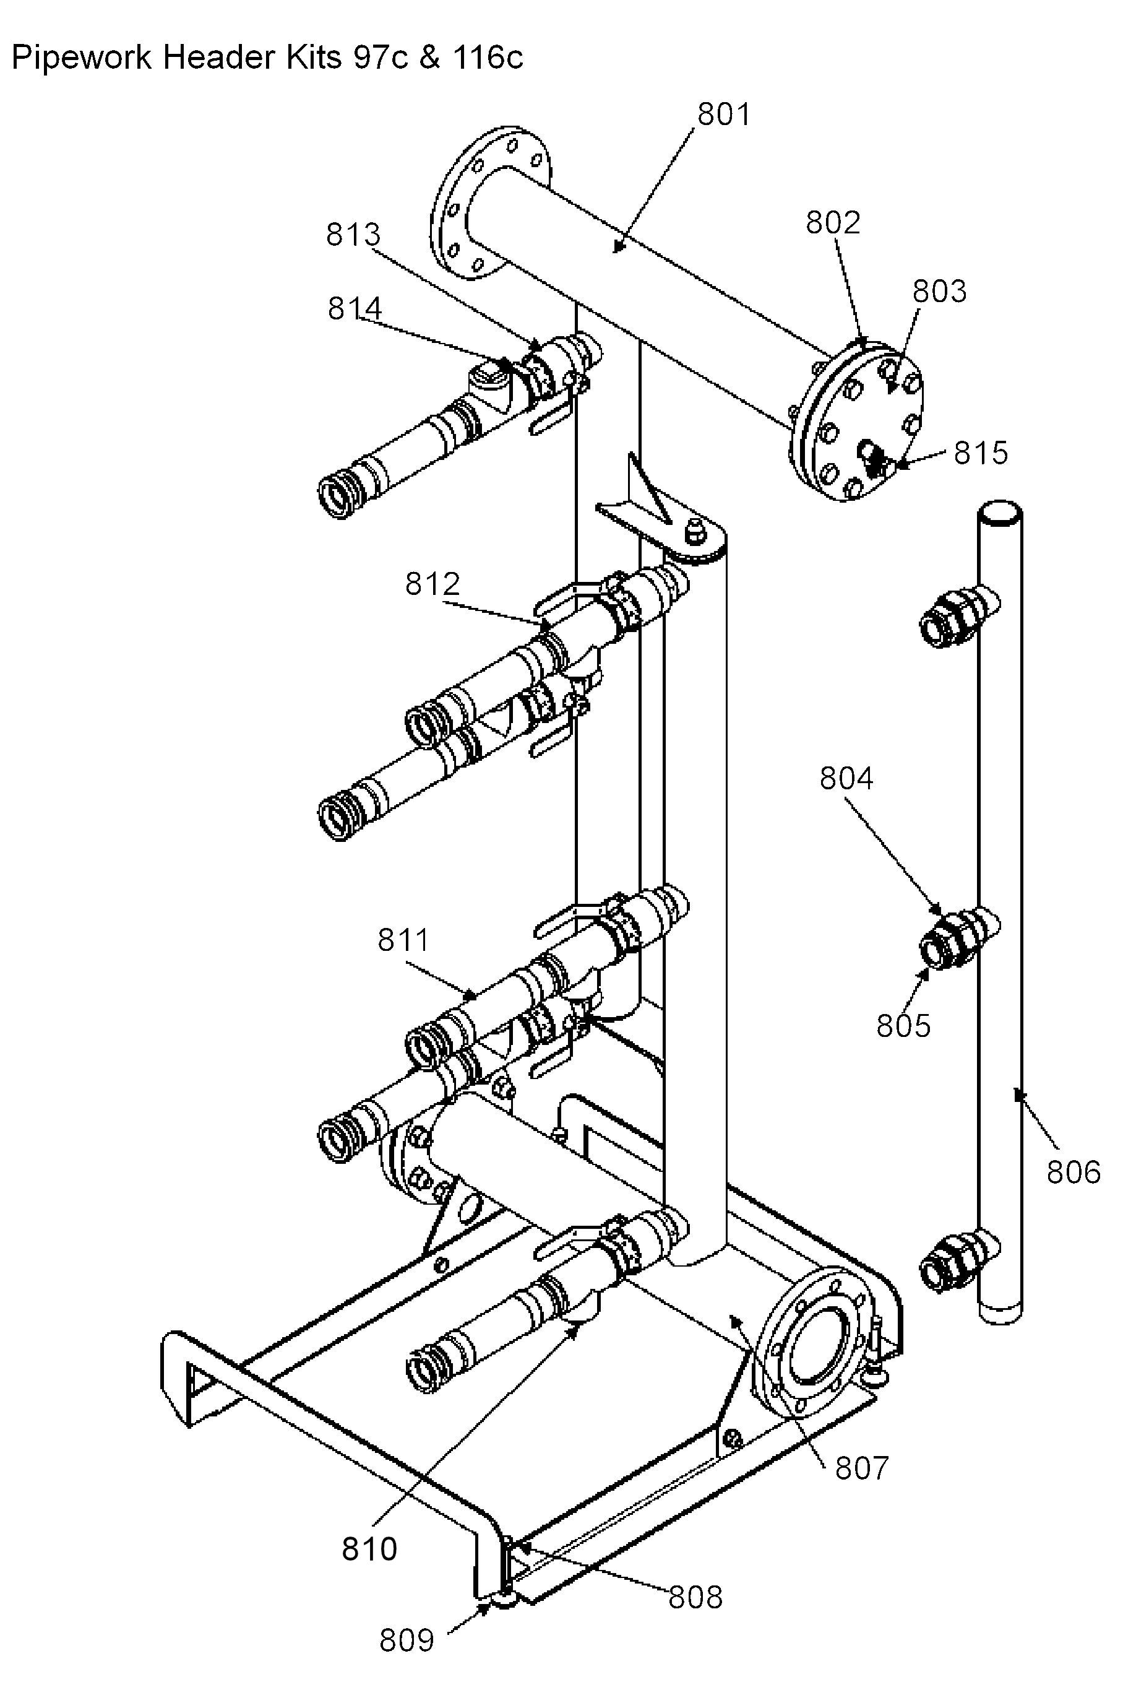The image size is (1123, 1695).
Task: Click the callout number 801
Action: pyautogui.click(x=724, y=115)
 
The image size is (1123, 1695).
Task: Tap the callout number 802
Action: pyautogui.click(x=833, y=223)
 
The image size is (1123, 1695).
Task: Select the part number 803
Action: pyautogui.click(x=940, y=292)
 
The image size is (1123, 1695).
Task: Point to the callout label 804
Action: pyautogui.click(x=846, y=778)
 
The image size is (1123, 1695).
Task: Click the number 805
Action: pyautogui.click(x=904, y=1025)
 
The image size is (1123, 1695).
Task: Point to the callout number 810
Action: pyautogui.click(x=369, y=1549)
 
